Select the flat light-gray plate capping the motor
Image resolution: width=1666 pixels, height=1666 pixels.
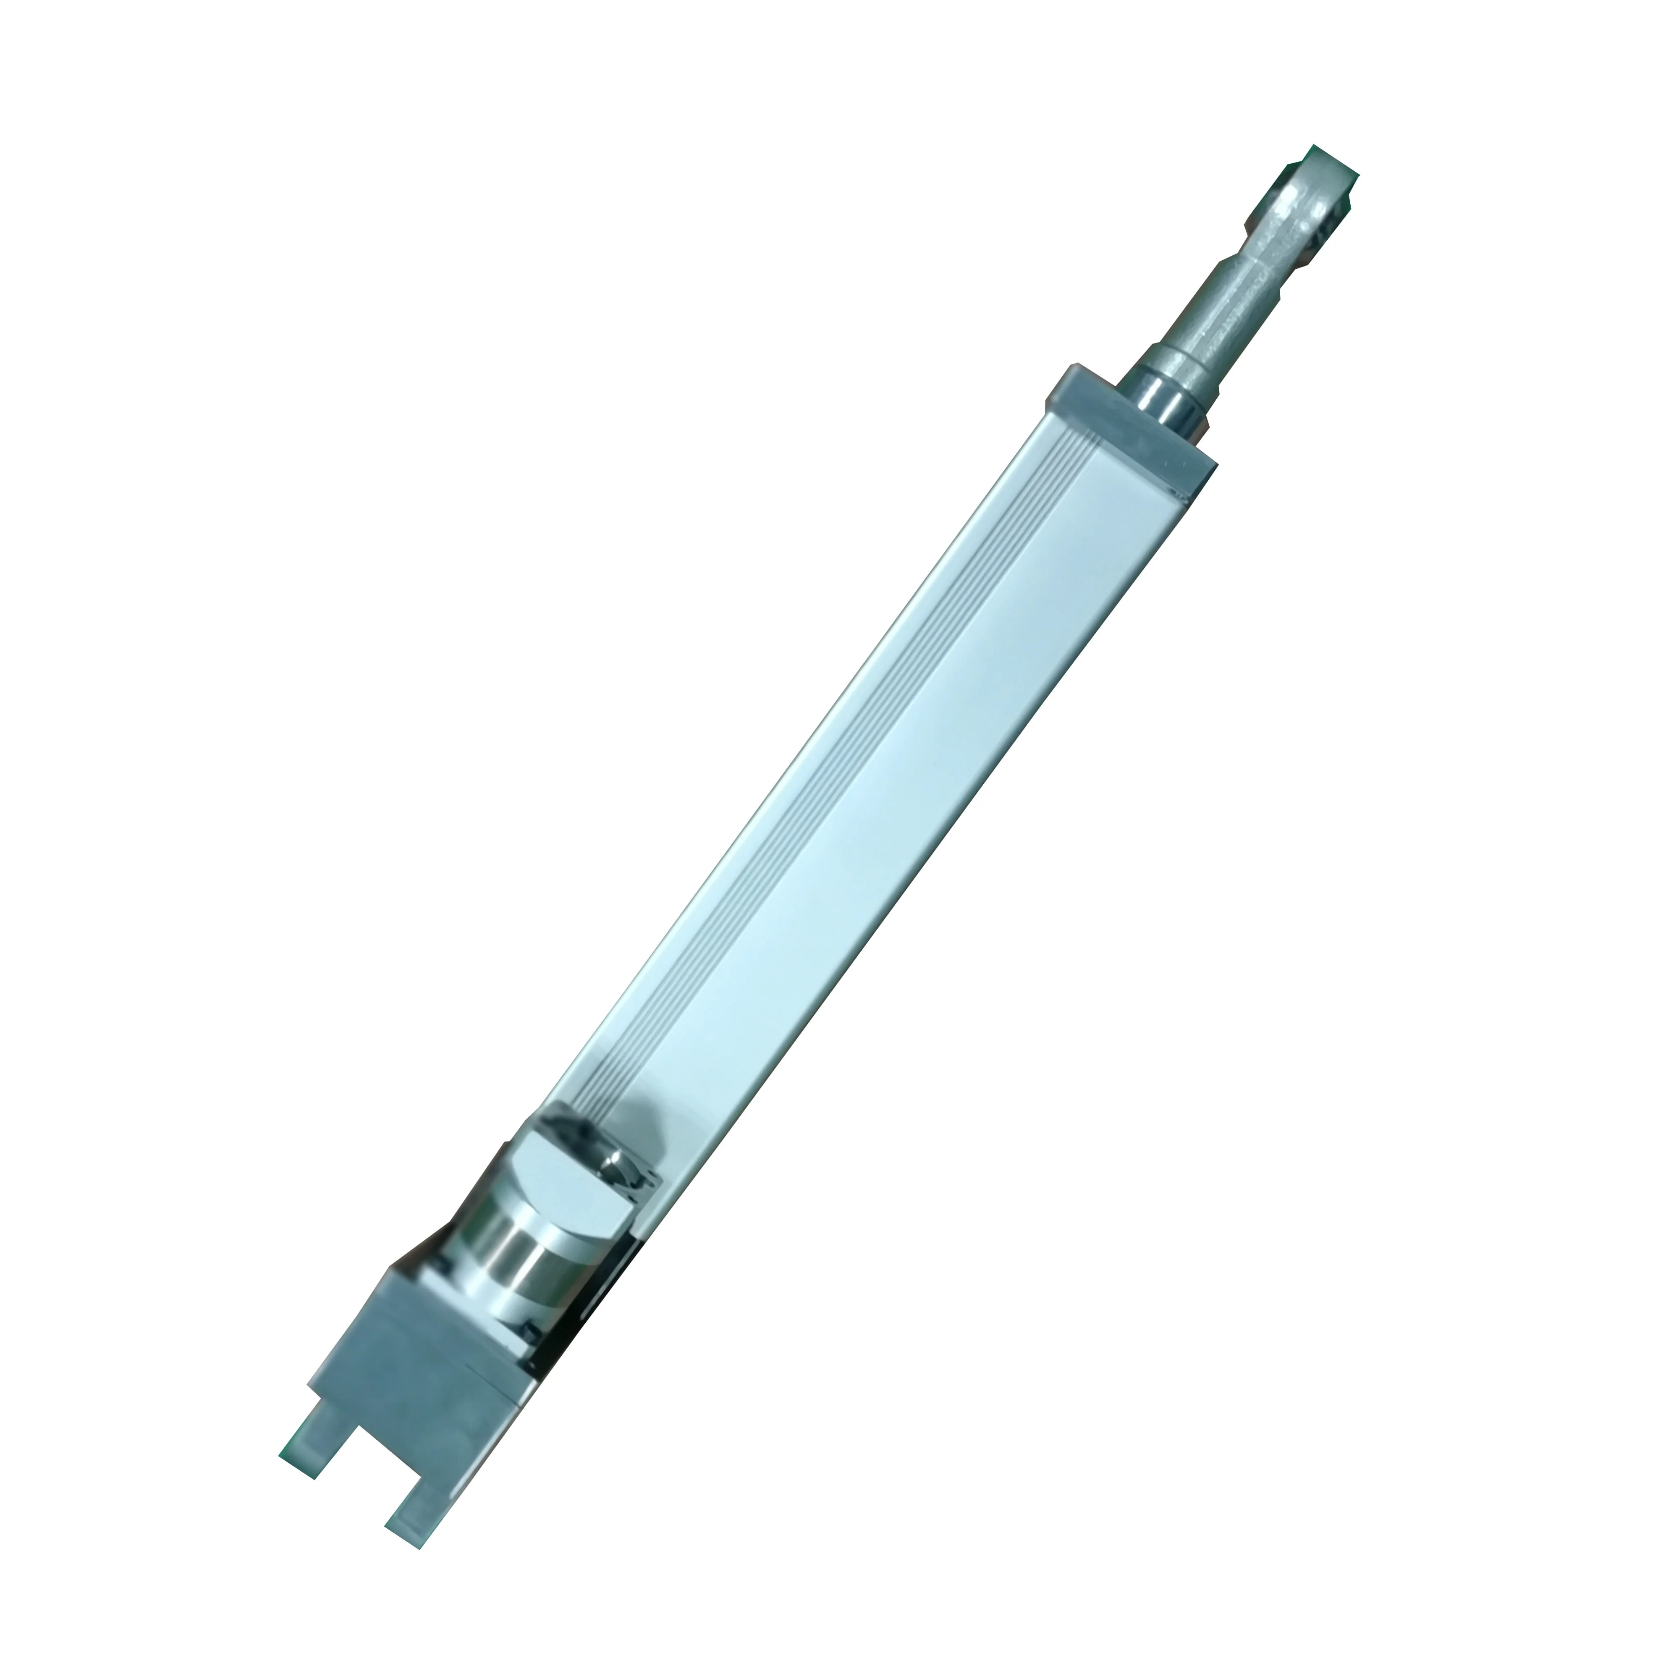pos(561,1181)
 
